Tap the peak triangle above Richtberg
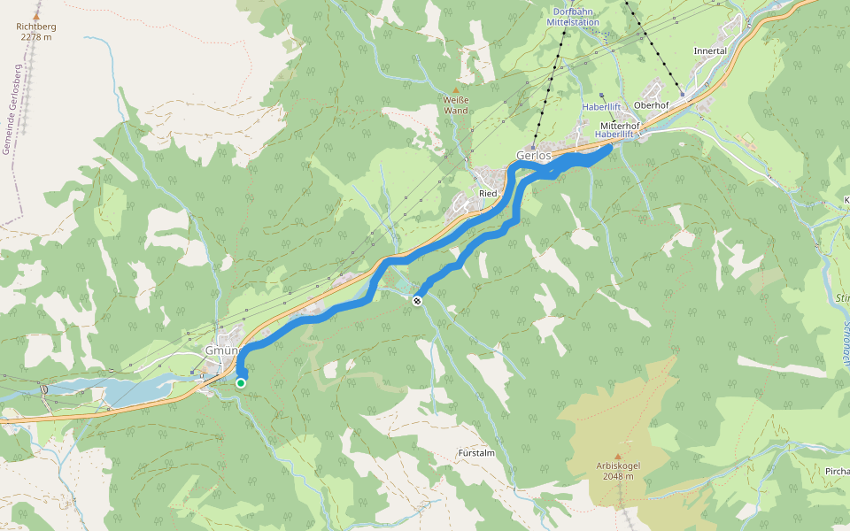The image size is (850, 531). point(35,15)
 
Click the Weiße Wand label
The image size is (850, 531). point(456,105)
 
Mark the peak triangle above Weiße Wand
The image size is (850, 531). point(456,90)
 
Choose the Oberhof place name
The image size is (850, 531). point(651,104)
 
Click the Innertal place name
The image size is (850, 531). point(710,51)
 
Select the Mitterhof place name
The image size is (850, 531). point(620,126)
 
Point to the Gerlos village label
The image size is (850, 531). point(534,156)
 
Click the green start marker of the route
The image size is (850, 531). point(241,382)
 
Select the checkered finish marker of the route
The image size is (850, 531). point(416,300)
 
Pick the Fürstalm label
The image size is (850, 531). point(476,452)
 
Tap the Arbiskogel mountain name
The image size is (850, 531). point(618,466)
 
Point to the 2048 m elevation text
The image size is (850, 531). point(618,476)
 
